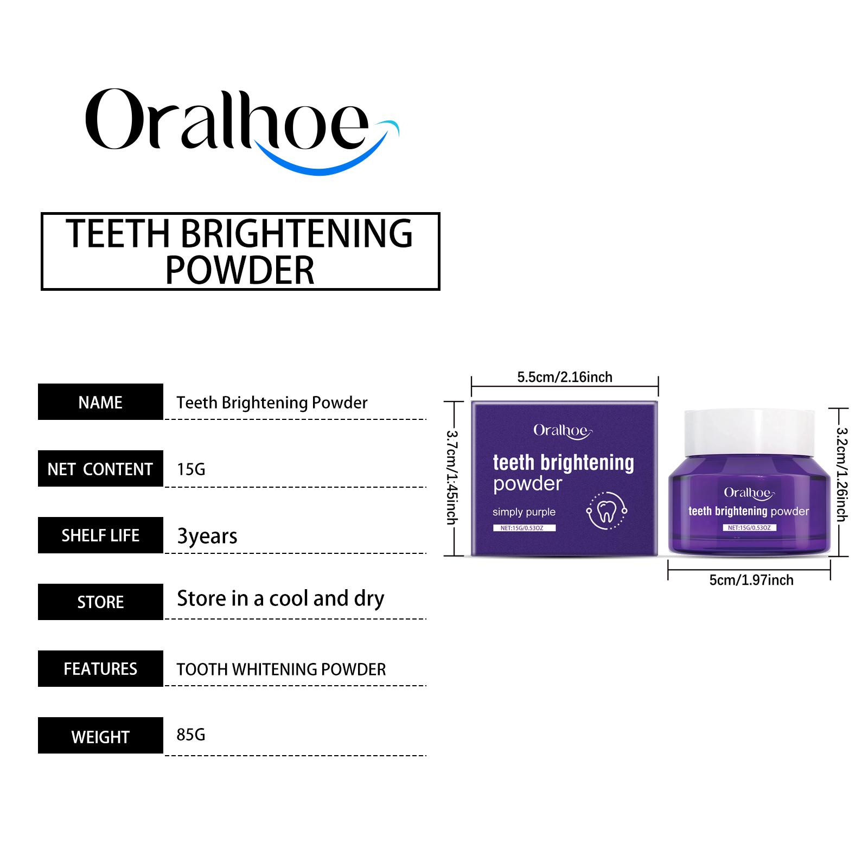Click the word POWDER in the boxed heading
[x=239, y=270]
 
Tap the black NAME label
[x=100, y=402]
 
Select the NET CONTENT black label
[x=100, y=469]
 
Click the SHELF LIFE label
[x=100, y=535]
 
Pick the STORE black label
[x=100, y=602]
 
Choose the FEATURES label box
[x=100, y=669]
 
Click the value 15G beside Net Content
[x=191, y=469]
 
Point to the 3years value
[x=207, y=536]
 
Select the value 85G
[x=191, y=735]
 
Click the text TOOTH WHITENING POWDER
[x=281, y=669]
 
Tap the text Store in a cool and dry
[x=280, y=599]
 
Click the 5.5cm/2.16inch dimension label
[x=564, y=377]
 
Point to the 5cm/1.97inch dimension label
[x=751, y=580]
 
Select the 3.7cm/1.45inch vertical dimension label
[x=452, y=477]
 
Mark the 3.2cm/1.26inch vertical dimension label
[x=841, y=474]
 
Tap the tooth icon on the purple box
[x=607, y=510]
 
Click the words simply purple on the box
[x=524, y=512]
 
